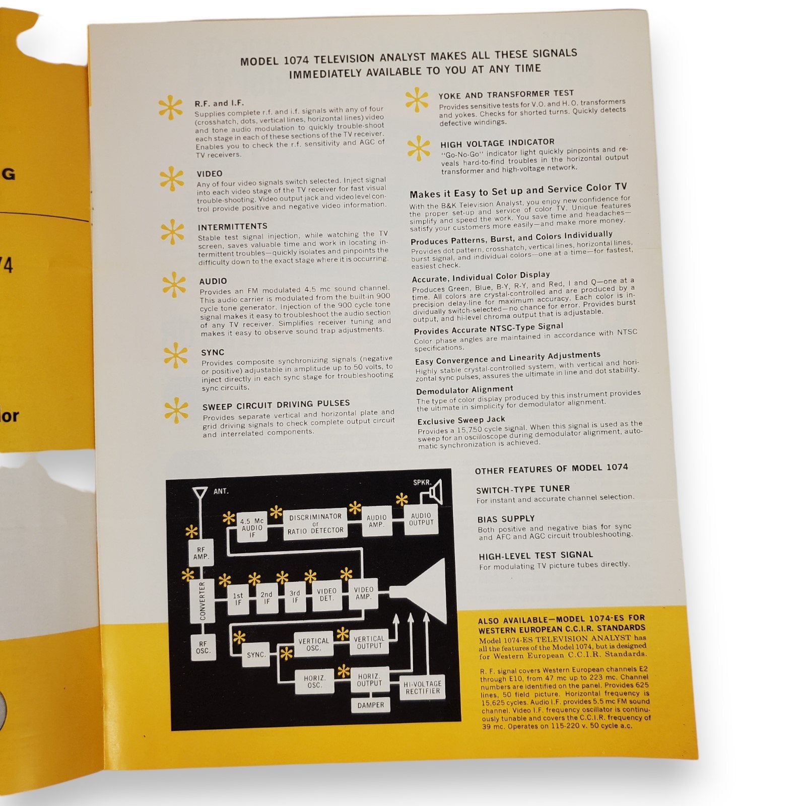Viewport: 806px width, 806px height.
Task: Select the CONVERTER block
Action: tap(202, 600)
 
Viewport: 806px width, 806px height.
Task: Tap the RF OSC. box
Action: tap(204, 647)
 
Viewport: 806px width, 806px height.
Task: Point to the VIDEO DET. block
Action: tap(326, 594)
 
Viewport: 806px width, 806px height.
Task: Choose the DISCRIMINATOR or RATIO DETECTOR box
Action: tap(315, 523)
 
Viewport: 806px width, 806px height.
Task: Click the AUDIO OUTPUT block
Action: tap(421, 518)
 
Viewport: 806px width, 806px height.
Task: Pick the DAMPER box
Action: tap(371, 705)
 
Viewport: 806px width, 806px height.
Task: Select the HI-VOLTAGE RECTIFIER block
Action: tap(422, 687)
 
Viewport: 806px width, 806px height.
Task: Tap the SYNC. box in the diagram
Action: tap(256, 655)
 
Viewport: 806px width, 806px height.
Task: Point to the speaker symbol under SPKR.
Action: tap(434, 491)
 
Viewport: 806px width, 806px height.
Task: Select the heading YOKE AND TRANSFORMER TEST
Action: tap(506, 94)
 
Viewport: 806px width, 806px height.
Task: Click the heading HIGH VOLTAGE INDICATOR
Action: tap(497, 143)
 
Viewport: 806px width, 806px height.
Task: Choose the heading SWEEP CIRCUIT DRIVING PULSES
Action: tap(276, 405)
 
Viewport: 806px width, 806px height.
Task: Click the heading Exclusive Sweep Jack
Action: tap(461, 420)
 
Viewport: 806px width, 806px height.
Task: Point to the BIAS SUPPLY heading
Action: tap(506, 518)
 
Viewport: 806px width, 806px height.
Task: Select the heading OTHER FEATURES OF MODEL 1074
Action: tap(551, 468)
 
